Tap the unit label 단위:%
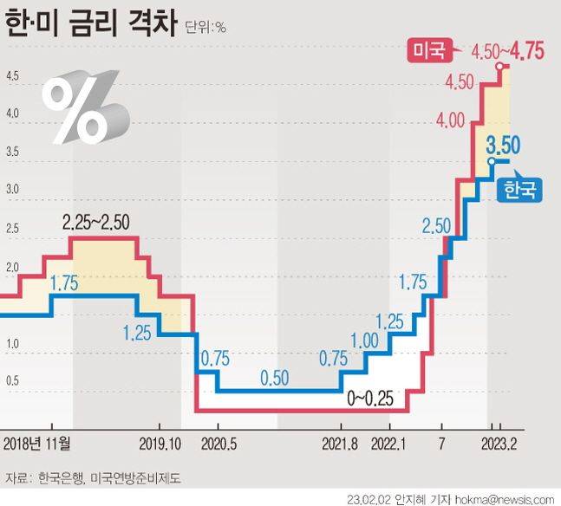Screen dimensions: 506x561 [205, 27]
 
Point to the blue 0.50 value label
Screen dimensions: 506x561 [275, 377]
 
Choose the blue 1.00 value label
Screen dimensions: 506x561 [365, 340]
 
